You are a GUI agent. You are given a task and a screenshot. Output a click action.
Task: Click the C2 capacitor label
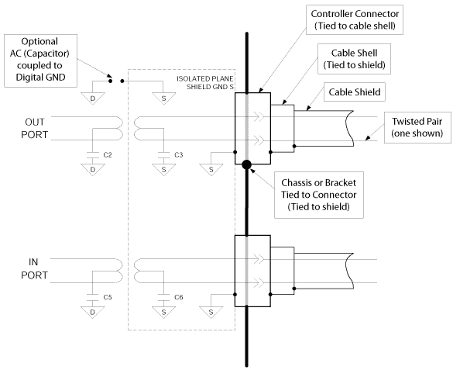click(x=108, y=155)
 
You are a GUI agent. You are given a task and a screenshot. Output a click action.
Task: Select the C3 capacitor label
click(x=179, y=155)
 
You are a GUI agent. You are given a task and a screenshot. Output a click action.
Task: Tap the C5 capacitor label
click(x=108, y=297)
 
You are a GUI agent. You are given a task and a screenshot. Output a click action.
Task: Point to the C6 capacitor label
click(x=179, y=297)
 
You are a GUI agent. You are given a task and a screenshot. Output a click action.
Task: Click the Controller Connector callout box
click(x=355, y=19)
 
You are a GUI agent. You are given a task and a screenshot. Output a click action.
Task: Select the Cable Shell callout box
click(x=354, y=59)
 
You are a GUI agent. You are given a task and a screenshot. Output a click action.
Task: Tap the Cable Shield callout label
click(x=355, y=92)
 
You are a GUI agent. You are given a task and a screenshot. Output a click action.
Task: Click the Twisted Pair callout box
click(x=417, y=127)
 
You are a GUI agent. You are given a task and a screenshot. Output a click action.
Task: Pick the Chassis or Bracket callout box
click(x=319, y=195)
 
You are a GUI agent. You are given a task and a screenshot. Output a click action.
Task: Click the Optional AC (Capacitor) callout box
click(x=40, y=61)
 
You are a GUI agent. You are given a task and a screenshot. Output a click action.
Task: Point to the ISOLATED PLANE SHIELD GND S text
click(x=205, y=83)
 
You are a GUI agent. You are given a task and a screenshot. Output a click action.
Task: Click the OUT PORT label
click(x=34, y=128)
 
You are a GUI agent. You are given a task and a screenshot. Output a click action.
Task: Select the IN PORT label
click(x=34, y=268)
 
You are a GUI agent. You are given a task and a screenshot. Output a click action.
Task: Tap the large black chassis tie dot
click(x=246, y=164)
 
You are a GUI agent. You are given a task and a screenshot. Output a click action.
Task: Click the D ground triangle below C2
click(x=93, y=170)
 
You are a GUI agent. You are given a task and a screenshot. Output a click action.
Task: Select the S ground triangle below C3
click(x=164, y=170)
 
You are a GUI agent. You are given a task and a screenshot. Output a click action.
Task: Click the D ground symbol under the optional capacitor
click(x=93, y=99)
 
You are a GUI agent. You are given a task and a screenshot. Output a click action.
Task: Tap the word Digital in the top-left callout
click(x=29, y=78)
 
